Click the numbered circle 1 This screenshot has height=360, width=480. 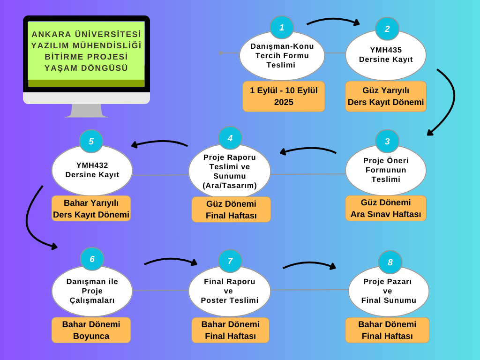tap(282, 28)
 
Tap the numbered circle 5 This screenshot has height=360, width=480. tap(91, 141)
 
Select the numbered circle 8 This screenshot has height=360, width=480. tap(390, 262)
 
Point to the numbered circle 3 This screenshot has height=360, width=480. tap(387, 141)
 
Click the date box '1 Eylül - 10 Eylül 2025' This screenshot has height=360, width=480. tap(284, 96)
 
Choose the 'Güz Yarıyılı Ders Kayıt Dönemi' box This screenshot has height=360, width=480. tap(386, 96)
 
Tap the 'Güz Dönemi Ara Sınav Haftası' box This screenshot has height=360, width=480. tap(386, 208)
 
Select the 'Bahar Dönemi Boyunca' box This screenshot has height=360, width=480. tap(91, 330)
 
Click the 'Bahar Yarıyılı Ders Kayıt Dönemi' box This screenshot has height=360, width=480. tap(91, 208)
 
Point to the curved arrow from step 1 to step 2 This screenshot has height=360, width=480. tap(333, 20)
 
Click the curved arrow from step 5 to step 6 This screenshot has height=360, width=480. tap(29, 220)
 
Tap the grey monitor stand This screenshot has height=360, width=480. tap(86, 111)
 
